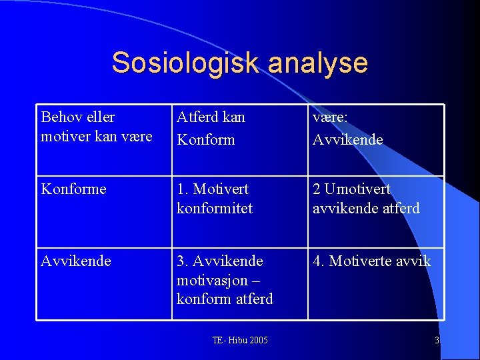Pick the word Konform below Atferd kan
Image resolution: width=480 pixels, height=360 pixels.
206,139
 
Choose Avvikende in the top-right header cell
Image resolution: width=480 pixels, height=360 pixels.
348,139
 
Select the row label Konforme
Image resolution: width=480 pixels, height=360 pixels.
73,189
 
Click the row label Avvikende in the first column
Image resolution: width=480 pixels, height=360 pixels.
76,261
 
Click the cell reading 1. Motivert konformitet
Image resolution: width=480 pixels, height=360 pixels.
215,199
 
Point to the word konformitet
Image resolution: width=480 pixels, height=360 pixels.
215,209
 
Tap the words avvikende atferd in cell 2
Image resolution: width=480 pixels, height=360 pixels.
366,209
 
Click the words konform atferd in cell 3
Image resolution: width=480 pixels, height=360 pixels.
225,299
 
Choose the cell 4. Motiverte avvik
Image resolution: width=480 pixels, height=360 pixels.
372,261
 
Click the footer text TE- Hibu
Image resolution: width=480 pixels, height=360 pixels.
227,341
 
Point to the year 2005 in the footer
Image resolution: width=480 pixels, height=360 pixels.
257,341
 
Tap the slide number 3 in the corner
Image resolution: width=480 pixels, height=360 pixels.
437,341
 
